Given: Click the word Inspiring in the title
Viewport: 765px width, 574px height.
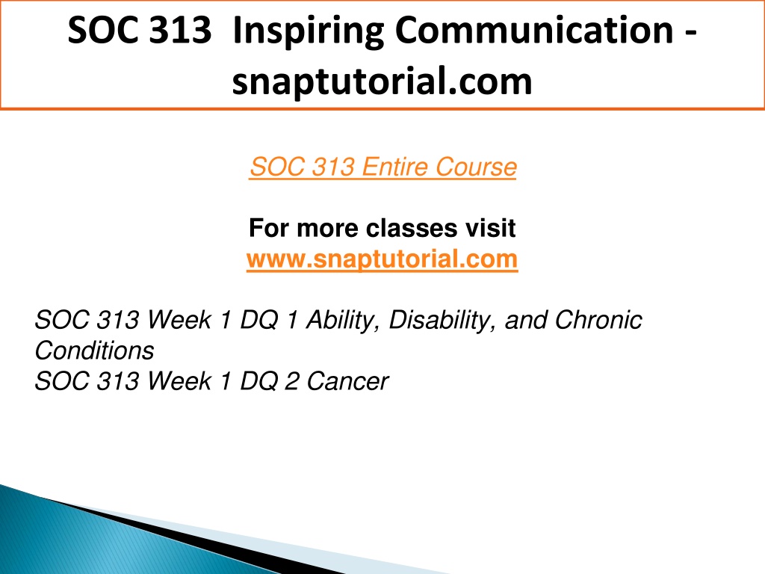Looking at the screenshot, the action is [309, 31].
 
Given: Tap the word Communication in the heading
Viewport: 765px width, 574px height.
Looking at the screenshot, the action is [534, 30].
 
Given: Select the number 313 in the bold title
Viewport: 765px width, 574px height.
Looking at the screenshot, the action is [180, 30].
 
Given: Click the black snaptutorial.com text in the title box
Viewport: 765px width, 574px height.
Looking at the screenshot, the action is [382, 81].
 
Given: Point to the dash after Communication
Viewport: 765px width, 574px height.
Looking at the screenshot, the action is [690, 34].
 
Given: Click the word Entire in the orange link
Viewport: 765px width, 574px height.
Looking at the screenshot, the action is [394, 167].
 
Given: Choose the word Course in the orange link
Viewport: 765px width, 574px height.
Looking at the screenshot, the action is [476, 167].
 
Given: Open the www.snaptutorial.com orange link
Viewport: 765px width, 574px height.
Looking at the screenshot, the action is [382, 259].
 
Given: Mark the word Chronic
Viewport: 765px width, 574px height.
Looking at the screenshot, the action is [598, 320].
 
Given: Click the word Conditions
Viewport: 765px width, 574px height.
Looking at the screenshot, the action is [94, 351].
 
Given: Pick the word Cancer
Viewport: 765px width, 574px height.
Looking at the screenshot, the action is [348, 381].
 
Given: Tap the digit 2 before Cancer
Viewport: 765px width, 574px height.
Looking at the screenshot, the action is [292, 381].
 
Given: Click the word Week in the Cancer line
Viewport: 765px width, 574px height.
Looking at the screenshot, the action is [179, 381].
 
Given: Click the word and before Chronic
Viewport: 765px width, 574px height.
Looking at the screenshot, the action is [525, 320].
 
